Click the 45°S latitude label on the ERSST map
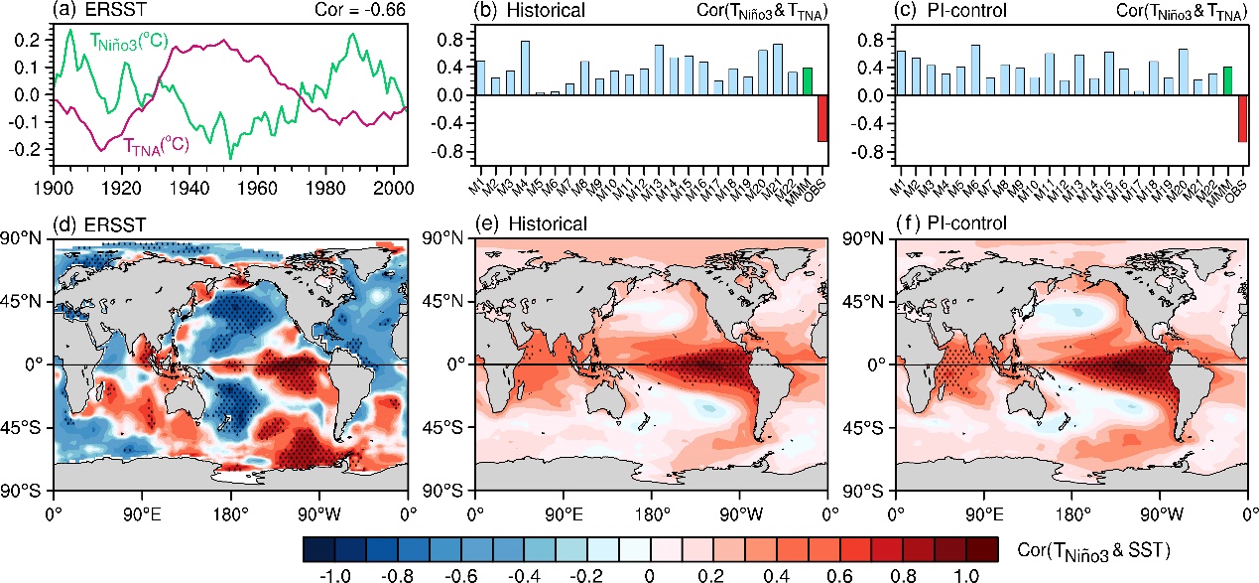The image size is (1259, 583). pyautogui.click(x=26, y=428)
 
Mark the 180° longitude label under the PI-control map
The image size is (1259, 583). pyautogui.click(x=1072, y=514)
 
